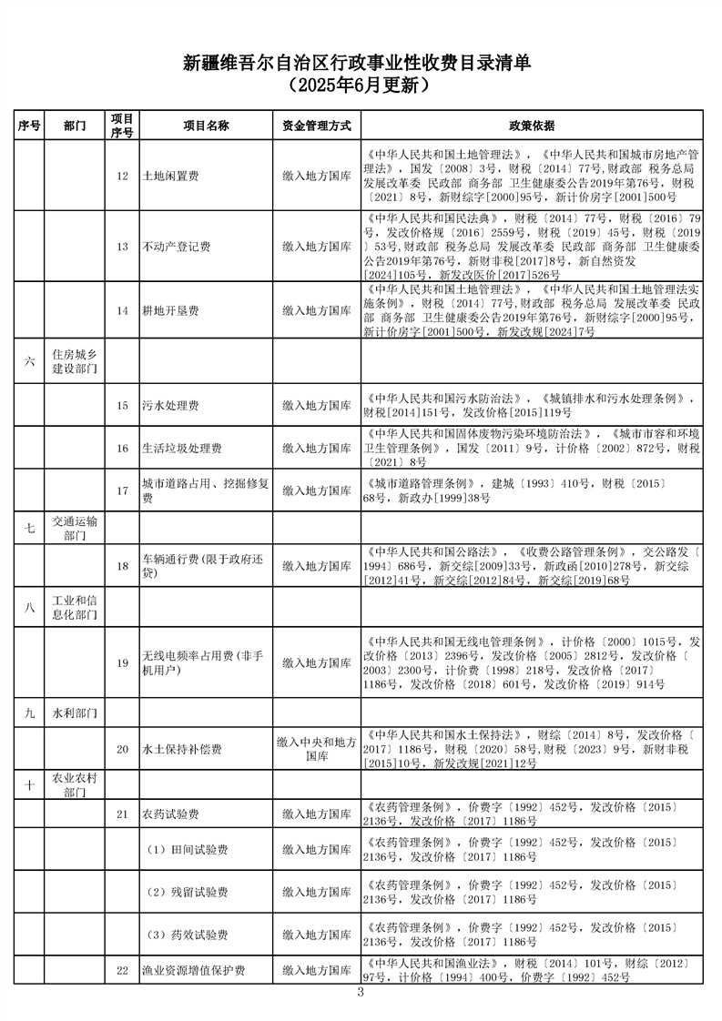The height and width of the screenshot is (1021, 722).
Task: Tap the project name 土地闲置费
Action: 171,176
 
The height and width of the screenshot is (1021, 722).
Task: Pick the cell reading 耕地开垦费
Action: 171,310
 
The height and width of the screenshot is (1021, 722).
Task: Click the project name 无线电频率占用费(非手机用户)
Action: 203,662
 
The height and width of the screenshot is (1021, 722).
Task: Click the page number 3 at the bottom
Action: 361,992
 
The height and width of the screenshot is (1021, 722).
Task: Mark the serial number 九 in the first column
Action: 29,713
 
